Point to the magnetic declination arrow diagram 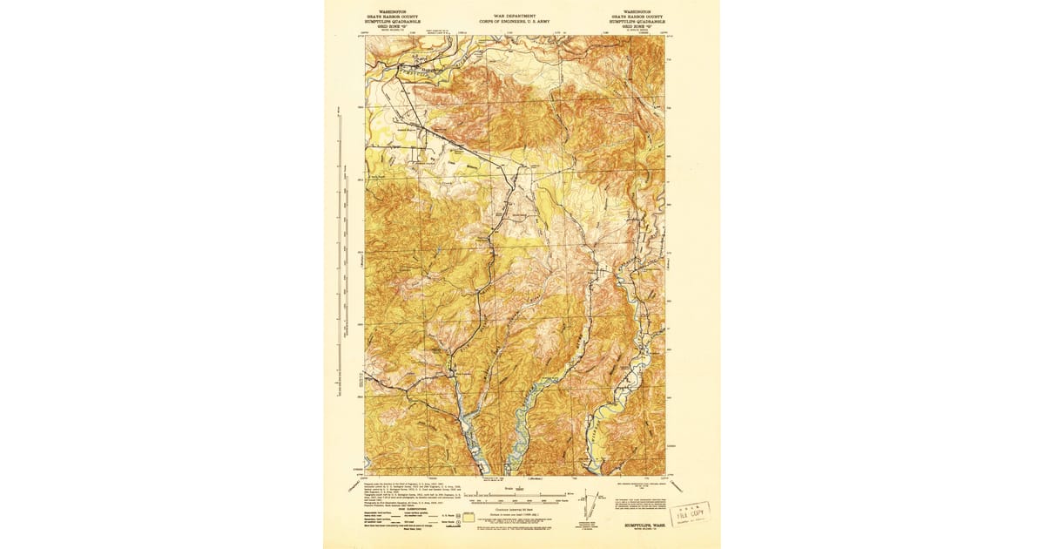point(590,505)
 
